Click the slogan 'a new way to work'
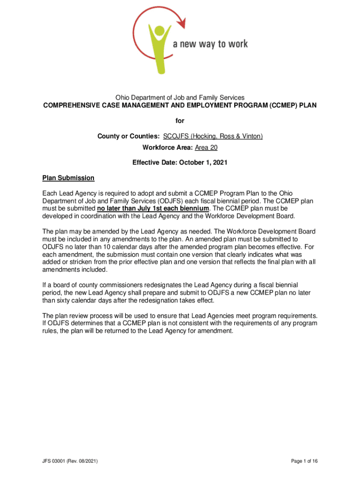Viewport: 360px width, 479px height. (210, 44)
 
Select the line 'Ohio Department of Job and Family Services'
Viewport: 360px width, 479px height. (180, 97)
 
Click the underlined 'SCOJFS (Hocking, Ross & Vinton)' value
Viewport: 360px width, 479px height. (213, 136)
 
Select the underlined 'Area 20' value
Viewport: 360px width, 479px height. (206, 148)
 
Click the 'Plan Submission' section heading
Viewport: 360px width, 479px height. (68, 178)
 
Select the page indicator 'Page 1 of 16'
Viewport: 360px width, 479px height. (304, 461)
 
